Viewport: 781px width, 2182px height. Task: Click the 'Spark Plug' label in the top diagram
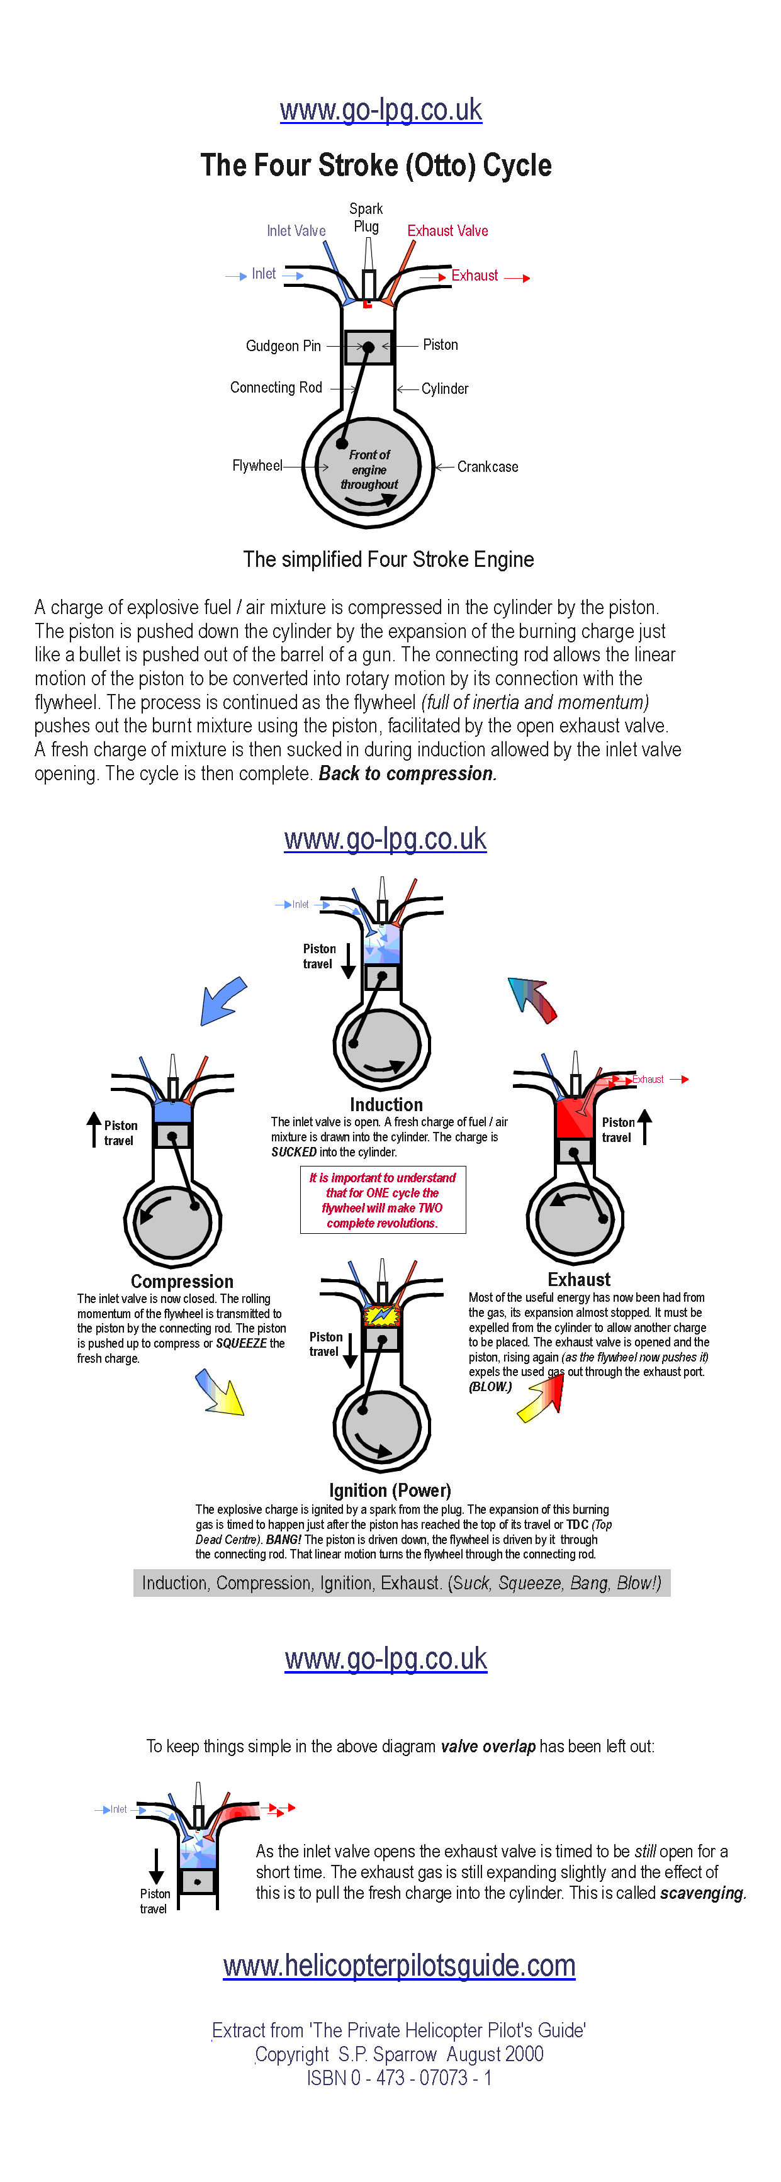(366, 218)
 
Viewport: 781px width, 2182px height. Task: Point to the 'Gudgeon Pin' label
(283, 345)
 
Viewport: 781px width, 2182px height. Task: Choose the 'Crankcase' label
(487, 467)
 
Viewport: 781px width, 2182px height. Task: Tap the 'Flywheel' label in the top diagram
(257, 466)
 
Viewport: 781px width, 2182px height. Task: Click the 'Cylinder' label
(445, 389)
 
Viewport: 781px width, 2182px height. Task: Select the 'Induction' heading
(386, 1105)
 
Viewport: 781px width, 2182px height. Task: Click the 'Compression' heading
(182, 1282)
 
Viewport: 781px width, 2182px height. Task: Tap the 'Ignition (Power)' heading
(390, 1490)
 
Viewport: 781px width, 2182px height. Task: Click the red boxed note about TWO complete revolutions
(382, 1200)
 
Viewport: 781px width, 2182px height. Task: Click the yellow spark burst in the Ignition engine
(381, 1314)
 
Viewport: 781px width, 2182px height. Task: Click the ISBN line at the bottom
(399, 2078)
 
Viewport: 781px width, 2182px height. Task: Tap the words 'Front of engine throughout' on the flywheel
(369, 470)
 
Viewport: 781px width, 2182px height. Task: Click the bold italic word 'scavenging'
(702, 1893)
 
